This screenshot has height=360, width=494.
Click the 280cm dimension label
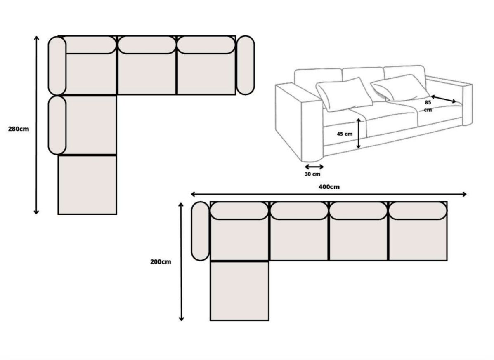click(x=19, y=129)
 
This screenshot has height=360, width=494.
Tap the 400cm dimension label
click(x=329, y=187)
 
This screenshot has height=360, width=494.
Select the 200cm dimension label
click(x=161, y=261)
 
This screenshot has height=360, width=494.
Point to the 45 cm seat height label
click(x=345, y=134)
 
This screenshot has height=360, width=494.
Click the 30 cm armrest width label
click(x=312, y=174)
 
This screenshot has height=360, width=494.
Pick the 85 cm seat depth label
click(x=428, y=106)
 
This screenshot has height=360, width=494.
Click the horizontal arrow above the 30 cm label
click(x=314, y=167)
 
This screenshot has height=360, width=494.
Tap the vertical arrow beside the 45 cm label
click(x=359, y=133)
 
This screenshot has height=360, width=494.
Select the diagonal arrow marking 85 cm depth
click(x=443, y=99)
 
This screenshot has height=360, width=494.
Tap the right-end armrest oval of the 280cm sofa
click(x=245, y=65)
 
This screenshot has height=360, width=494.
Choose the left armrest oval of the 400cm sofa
click(x=200, y=231)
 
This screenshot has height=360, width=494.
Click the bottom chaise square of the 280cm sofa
click(x=87, y=185)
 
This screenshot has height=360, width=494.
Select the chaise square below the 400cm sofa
click(x=239, y=291)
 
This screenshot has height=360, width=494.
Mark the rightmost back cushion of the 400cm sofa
click(x=418, y=211)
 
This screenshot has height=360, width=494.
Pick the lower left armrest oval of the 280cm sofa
click(x=57, y=125)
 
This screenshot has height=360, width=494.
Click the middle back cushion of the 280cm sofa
click(x=147, y=45)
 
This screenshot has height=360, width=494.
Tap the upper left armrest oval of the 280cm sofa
click(x=57, y=66)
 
